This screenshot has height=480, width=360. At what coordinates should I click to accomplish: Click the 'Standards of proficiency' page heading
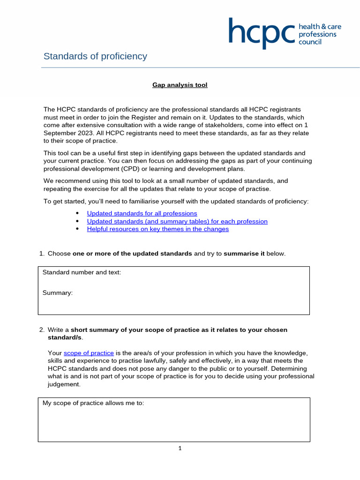(95, 56)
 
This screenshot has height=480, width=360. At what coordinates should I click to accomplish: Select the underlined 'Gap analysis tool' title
(180, 85)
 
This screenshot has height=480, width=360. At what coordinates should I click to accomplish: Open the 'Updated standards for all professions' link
(142, 213)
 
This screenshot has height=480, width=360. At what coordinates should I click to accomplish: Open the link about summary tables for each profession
(177, 221)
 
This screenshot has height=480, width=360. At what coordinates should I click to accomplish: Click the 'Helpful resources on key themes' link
(158, 229)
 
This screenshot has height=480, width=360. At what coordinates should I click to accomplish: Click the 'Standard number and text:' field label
(82, 272)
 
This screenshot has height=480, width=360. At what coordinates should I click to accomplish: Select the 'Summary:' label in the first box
(58, 292)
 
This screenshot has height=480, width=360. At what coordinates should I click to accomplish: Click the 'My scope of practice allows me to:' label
(93, 403)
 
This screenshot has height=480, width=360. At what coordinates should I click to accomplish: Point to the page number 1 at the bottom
(180, 449)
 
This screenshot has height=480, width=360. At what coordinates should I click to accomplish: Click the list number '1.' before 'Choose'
(42, 254)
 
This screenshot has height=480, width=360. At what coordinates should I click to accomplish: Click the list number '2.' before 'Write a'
(42, 330)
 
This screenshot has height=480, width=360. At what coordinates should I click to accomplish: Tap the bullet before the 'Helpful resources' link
(77, 229)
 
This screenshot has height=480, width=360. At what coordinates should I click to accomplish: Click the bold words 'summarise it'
(244, 254)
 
